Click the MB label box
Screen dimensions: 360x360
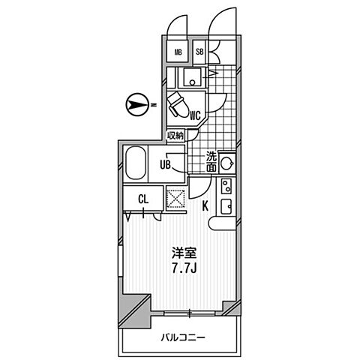pyautogui.click(x=178, y=52)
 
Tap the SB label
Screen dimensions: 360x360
pyautogui.click(x=199, y=52)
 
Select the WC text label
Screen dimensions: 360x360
pyautogui.click(x=195, y=115)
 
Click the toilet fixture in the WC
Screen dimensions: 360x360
pyautogui.click(x=178, y=106)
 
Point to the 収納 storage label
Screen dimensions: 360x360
pyautogui.click(x=175, y=136)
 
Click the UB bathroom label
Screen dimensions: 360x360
pyautogui.click(x=165, y=165)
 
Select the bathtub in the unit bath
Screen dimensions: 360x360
pyautogui.click(x=136, y=163)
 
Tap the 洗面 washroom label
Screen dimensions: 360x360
pyautogui.click(x=211, y=161)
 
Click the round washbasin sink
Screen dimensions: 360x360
pyautogui.click(x=226, y=163)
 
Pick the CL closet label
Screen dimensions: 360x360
pyautogui.click(x=143, y=199)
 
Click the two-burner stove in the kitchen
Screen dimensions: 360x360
pyautogui.click(x=226, y=186)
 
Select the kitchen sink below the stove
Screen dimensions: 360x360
pyautogui.click(x=226, y=206)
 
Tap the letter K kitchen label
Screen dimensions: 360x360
pyautogui.click(x=205, y=206)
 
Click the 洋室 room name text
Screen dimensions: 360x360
pyautogui.click(x=184, y=253)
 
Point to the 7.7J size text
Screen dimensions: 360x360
pyautogui.click(x=184, y=268)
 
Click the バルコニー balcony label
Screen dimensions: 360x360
pyautogui.click(x=183, y=338)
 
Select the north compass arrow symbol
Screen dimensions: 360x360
pyautogui.click(x=136, y=105)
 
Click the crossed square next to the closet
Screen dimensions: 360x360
pyautogui.click(x=176, y=199)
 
